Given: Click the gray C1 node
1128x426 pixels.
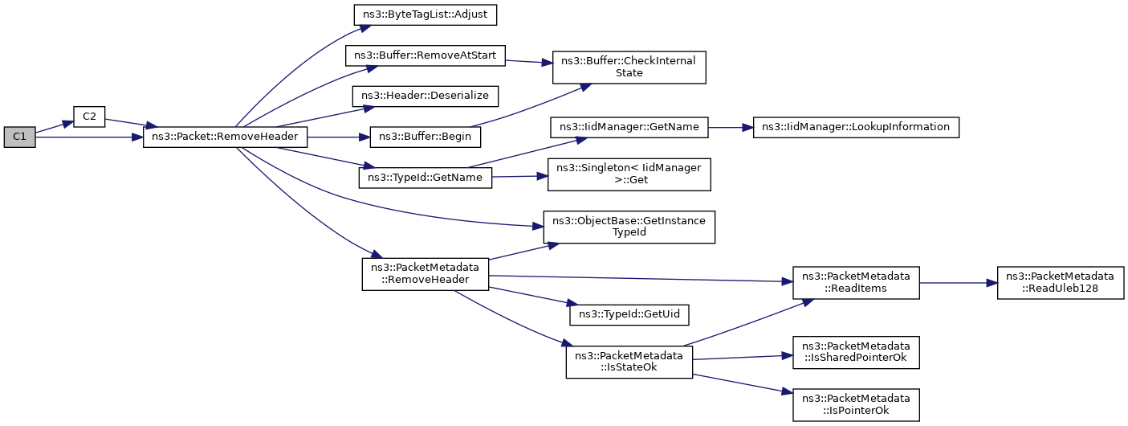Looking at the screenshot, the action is coord(19,137).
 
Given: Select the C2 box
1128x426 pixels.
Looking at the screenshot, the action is coord(89,117).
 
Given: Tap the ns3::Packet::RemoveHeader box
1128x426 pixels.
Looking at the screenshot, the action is coord(225,137).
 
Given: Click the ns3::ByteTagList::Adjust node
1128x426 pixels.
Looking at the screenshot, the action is coord(425,14).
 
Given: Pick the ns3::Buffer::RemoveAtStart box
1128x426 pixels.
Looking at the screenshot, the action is coord(425,55).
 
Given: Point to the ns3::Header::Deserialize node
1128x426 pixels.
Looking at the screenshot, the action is coord(425,96).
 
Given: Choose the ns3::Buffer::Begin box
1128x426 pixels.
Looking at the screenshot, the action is coord(425,137).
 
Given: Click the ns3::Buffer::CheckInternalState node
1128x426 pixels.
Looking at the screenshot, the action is coord(629,67).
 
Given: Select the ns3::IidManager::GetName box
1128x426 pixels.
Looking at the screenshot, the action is coord(629,128).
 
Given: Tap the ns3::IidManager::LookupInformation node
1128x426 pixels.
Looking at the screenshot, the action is coord(856,128).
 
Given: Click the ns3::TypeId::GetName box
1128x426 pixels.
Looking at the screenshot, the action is coord(425,178).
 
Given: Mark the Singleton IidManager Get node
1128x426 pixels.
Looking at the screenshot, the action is coord(629,174).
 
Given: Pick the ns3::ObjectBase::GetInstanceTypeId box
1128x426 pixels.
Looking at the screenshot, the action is coord(629,227).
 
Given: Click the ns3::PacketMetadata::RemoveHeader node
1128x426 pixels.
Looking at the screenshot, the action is coord(425,274).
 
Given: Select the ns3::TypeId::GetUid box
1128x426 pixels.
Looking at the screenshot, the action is coord(629,314).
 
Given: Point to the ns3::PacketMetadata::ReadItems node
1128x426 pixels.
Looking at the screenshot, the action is coord(856,283).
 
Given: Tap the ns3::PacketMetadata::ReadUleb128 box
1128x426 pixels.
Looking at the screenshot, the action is coord(1060,283).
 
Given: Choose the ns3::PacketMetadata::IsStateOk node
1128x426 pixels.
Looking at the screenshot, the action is coord(629,362).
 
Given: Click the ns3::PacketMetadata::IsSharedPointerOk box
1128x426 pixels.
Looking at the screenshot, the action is coord(856,352).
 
